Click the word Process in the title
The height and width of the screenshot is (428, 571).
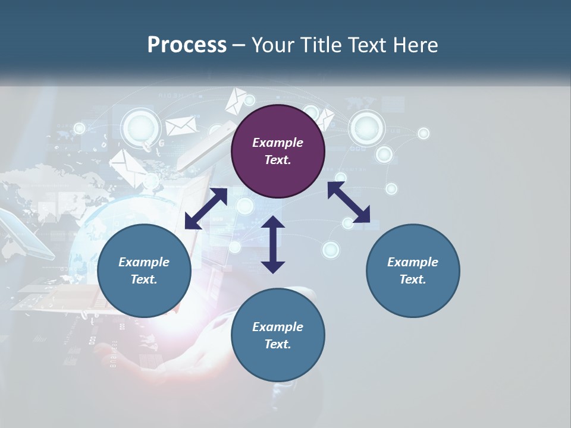click(187, 45)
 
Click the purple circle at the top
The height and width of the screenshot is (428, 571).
click(278, 152)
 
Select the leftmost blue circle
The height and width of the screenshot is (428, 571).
click(144, 271)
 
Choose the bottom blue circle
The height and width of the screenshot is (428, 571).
click(278, 335)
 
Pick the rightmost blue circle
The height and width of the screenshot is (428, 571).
click(413, 271)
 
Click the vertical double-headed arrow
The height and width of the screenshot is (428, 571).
click(273, 244)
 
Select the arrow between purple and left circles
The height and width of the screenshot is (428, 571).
click(206, 209)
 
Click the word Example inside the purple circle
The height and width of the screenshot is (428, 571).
click(278, 143)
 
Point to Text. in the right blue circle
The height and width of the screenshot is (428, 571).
click(413, 279)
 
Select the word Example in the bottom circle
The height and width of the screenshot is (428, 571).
click(278, 327)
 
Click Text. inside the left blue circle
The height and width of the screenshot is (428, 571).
click(144, 279)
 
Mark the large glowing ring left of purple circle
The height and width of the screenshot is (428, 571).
click(141, 127)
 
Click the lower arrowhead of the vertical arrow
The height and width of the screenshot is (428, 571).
click(273, 266)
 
